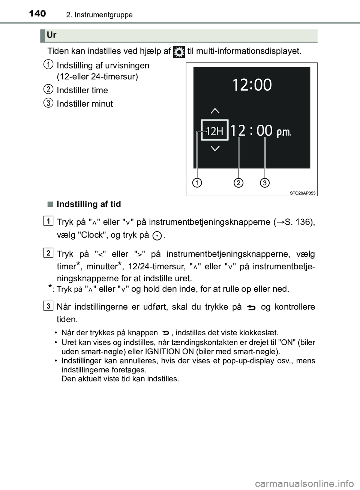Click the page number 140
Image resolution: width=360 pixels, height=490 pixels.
(x=37, y=14)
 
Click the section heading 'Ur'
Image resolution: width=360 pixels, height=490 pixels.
(x=52, y=35)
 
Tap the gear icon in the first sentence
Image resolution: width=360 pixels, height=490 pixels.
(x=179, y=52)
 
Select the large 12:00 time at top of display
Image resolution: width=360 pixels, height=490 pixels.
(x=252, y=85)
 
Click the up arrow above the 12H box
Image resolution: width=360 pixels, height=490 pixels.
(x=215, y=111)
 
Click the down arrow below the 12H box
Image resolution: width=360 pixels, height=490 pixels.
(x=215, y=149)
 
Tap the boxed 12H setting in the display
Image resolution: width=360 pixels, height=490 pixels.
(x=214, y=131)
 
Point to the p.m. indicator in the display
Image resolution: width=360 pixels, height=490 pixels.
(x=283, y=132)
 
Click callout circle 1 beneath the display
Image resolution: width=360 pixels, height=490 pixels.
(x=196, y=183)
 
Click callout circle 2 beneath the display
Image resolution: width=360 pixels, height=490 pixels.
(x=238, y=183)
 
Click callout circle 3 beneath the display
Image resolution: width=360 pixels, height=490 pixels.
(x=265, y=183)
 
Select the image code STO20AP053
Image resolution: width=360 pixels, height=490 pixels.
(x=303, y=193)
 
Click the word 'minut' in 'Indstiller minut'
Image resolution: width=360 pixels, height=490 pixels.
(x=102, y=104)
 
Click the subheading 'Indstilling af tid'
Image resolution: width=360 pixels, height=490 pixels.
(x=88, y=204)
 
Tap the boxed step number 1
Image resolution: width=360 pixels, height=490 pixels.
(x=48, y=221)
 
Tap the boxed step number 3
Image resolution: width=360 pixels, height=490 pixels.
(x=48, y=306)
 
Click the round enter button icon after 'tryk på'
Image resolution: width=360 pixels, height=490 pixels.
(x=158, y=236)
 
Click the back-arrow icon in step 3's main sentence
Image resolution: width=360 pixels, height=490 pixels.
(x=251, y=308)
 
